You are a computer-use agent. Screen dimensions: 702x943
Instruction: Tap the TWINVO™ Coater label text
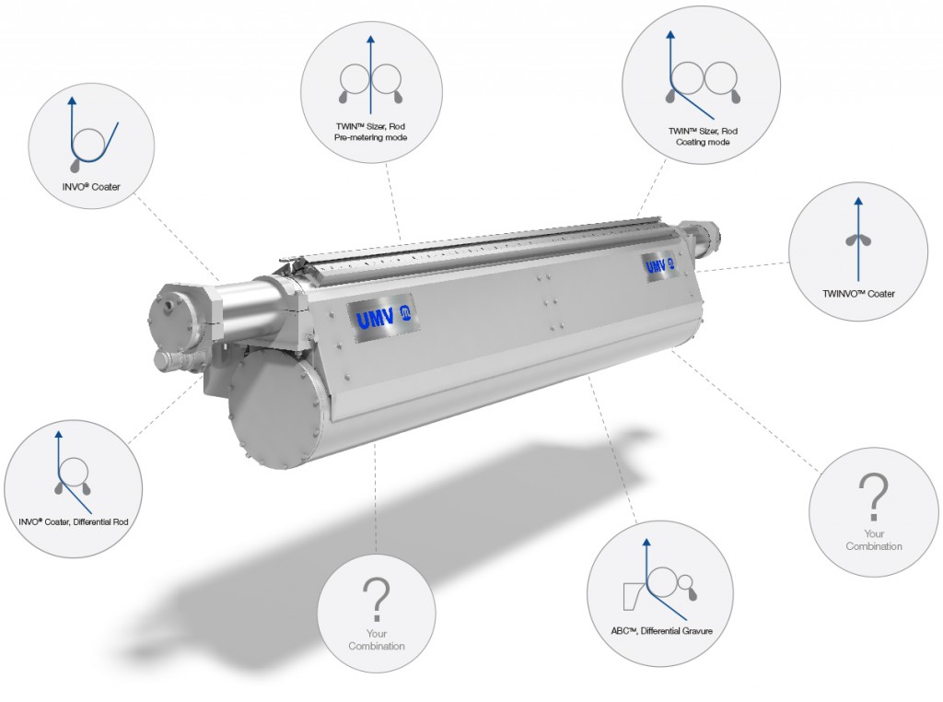[858, 295]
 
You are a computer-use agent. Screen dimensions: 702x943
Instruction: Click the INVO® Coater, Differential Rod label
[73, 521]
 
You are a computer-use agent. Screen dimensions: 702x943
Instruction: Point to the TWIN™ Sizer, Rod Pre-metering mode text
[371, 131]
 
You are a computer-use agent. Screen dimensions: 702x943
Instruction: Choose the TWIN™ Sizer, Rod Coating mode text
[703, 136]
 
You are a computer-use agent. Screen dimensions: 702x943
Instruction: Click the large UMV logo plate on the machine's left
[383, 316]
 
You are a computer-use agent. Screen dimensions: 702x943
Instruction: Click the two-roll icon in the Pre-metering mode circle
[370, 81]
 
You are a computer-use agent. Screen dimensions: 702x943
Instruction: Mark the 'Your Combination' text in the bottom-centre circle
[376, 639]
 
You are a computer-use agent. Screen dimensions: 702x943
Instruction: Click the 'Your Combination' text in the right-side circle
[873, 539]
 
